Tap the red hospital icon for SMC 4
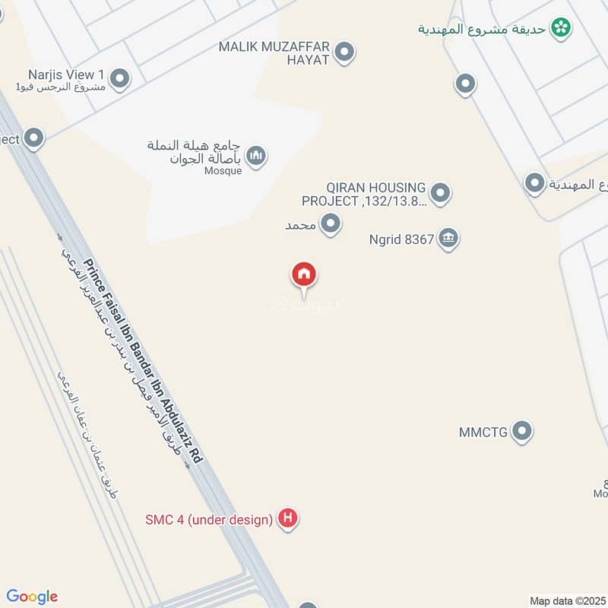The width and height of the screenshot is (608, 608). pyautogui.click(x=288, y=519)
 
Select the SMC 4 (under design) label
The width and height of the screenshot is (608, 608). pyautogui.click(x=209, y=520)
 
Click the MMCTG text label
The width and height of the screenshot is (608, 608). pyautogui.click(x=483, y=432)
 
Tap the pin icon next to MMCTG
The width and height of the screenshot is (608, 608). pyautogui.click(x=521, y=432)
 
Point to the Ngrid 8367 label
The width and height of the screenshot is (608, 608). pyautogui.click(x=401, y=239)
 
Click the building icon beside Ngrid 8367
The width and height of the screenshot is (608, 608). pyautogui.click(x=449, y=239)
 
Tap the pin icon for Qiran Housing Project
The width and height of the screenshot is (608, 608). pyautogui.click(x=440, y=194)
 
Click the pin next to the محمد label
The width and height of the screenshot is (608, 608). pyautogui.click(x=331, y=224)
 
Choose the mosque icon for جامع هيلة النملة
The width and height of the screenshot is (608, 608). pyautogui.click(x=258, y=156)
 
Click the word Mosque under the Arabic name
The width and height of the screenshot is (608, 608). pyautogui.click(x=223, y=171)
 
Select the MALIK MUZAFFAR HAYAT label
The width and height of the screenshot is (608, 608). pyautogui.click(x=274, y=52)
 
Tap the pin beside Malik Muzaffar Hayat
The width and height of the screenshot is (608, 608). pyautogui.click(x=345, y=52)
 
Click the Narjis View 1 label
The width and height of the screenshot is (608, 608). pyautogui.click(x=66, y=74)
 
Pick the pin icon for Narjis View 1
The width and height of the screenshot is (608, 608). pyautogui.click(x=119, y=78)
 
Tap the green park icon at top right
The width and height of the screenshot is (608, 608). pyautogui.click(x=562, y=28)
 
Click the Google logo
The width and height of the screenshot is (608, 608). pyautogui.click(x=32, y=597)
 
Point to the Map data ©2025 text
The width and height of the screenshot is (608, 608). pyautogui.click(x=567, y=600)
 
